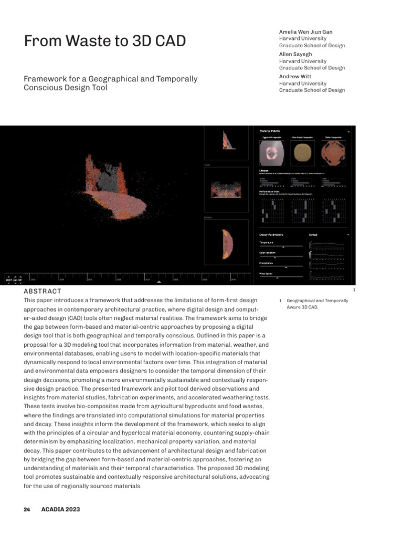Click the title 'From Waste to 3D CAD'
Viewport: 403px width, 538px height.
(105, 41)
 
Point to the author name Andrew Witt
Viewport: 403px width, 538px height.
(296, 76)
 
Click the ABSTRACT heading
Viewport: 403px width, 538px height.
(41, 291)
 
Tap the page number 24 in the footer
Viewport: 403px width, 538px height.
(27, 509)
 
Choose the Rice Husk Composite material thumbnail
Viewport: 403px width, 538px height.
(302, 153)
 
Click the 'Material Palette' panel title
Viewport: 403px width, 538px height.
(270, 131)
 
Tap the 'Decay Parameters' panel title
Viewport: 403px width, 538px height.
(271, 234)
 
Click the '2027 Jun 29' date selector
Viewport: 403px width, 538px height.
(14, 280)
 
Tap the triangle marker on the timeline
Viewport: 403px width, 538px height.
(160, 282)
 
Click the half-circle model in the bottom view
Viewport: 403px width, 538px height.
(226, 243)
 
